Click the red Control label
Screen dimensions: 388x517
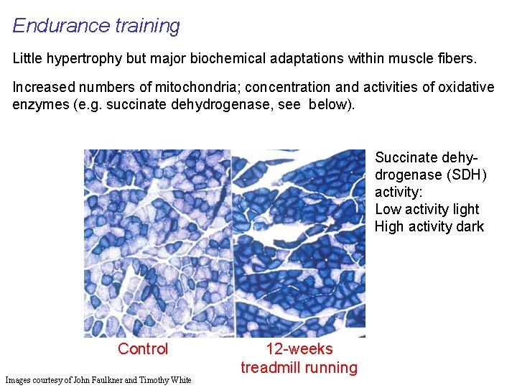point(143,349)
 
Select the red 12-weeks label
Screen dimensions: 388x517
point(299,349)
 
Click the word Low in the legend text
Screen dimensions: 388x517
point(388,209)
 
